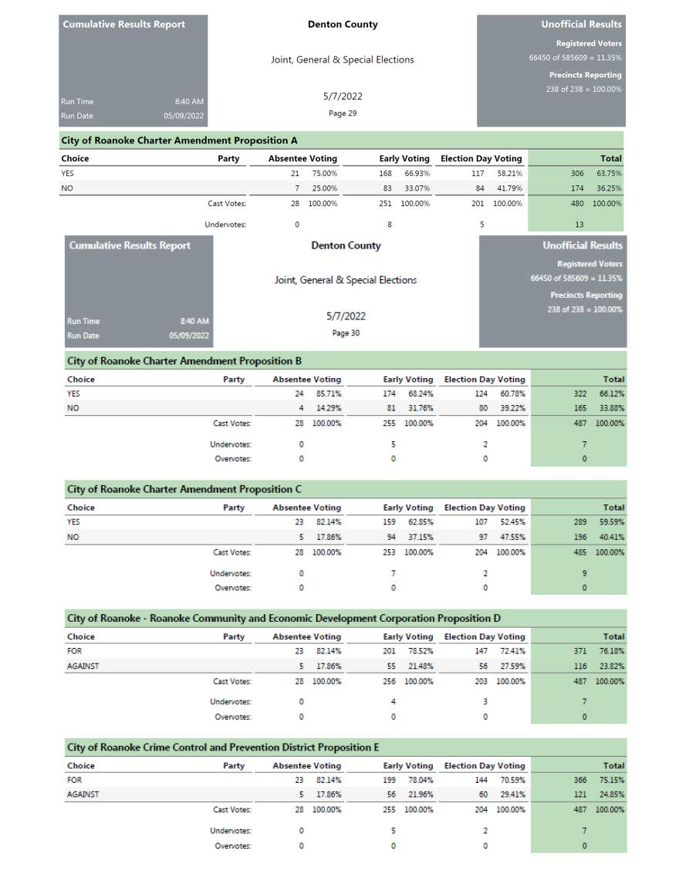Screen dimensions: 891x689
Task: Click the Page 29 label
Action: [343, 113]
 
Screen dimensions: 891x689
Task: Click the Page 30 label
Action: [346, 333]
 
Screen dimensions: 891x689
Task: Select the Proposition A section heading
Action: [179, 140]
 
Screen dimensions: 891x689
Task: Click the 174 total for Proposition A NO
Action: [577, 188]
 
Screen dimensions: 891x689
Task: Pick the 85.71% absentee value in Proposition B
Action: [329, 393]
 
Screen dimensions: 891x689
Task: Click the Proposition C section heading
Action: [184, 489]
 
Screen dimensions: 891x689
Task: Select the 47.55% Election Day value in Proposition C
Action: [512, 537]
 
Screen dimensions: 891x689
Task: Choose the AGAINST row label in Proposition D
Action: [83, 666]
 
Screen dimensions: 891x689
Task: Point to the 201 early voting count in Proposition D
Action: [390, 651]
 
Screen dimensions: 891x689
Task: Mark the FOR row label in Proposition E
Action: [75, 780]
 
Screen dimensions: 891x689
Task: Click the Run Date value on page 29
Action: [184, 116]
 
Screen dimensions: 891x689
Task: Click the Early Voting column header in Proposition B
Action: [408, 380]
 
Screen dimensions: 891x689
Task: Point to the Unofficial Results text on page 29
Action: [581, 25]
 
